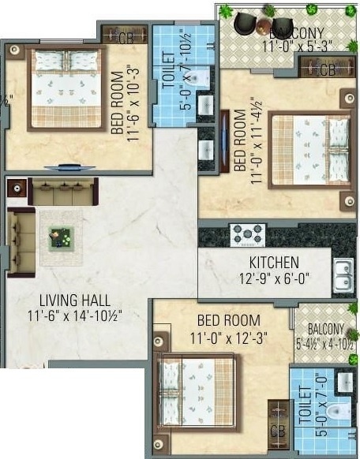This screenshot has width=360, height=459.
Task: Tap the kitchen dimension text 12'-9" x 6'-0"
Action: (x=263, y=278)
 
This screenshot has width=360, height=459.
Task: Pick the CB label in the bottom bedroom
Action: (x=276, y=431)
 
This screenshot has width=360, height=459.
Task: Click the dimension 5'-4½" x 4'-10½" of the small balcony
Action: (x=325, y=344)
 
